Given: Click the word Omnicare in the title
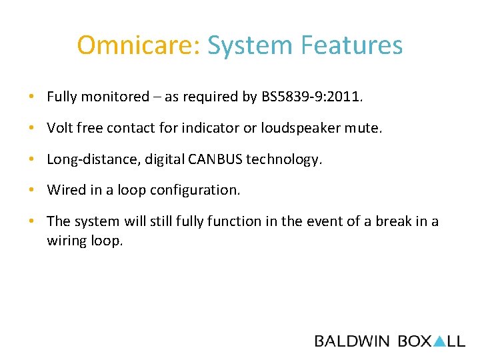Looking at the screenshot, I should [x=138, y=46].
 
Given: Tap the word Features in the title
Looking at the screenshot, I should [x=351, y=46].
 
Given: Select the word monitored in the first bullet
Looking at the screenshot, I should [x=118, y=97].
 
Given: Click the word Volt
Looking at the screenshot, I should [x=59, y=128].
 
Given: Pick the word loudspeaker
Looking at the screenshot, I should [x=311, y=128].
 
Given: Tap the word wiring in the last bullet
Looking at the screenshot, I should [x=66, y=241].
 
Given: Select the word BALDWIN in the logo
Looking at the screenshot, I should [x=352, y=341].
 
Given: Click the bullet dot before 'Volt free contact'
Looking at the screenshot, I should [x=32, y=128].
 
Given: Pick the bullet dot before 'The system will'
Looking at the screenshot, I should [x=32, y=221].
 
